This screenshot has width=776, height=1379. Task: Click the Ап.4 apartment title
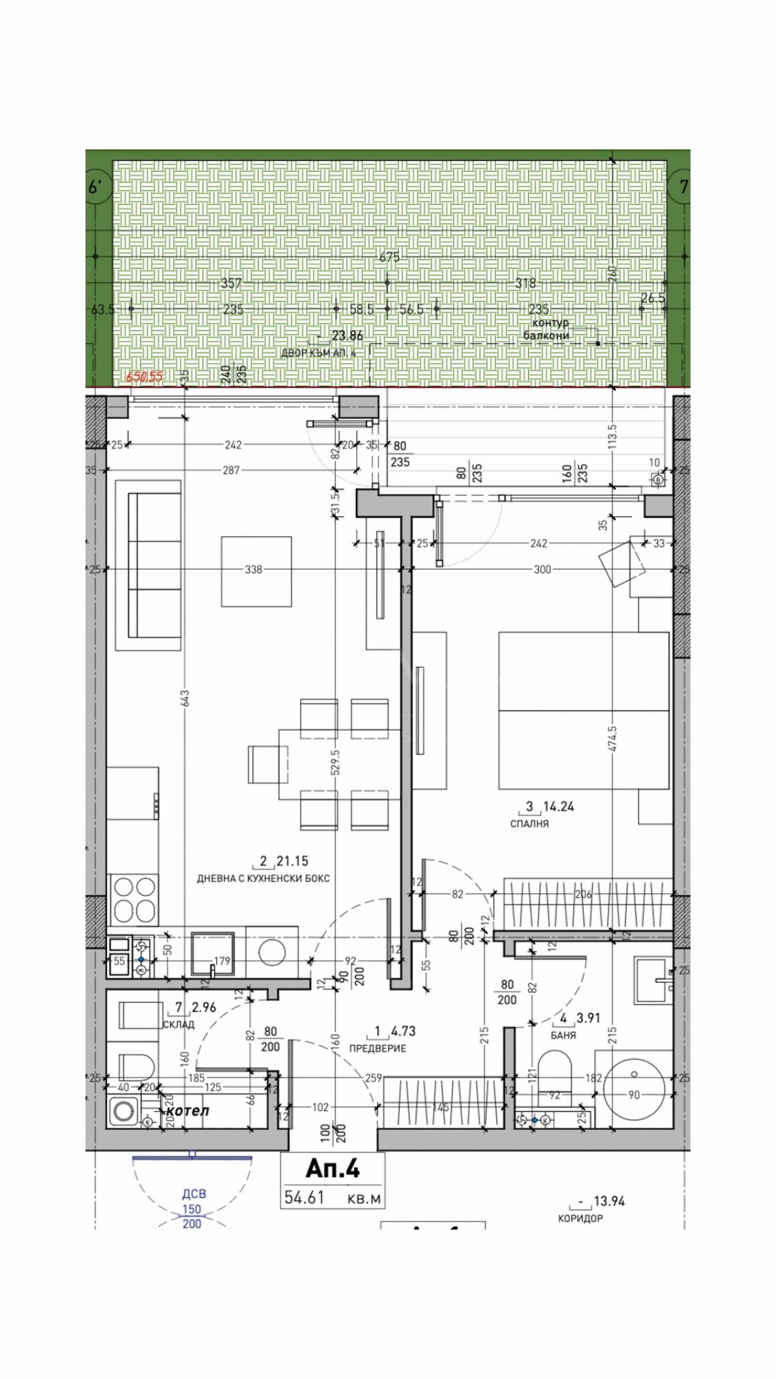332,1169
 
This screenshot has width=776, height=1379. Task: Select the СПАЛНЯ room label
529,824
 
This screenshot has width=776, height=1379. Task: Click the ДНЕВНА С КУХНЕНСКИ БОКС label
263,878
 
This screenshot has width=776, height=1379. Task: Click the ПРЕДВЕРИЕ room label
377,1048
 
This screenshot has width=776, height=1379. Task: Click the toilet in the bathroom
554,1071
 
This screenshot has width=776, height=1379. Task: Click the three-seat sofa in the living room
148,565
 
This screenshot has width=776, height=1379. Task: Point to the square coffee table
257,571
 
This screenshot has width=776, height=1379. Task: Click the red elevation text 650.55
144,377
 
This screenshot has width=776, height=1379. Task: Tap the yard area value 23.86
347,336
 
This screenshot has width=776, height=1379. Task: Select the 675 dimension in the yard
389,257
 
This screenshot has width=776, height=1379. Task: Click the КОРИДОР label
580,1218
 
